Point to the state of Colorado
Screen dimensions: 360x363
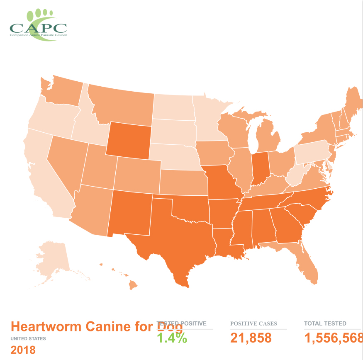click(x=137, y=174)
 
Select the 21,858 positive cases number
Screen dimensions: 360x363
click(x=251, y=338)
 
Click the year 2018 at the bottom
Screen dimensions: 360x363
click(x=23, y=350)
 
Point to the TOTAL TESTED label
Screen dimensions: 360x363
click(x=325, y=324)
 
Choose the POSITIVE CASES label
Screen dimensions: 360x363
click(x=253, y=324)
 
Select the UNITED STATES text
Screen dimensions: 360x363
click(x=28, y=338)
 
